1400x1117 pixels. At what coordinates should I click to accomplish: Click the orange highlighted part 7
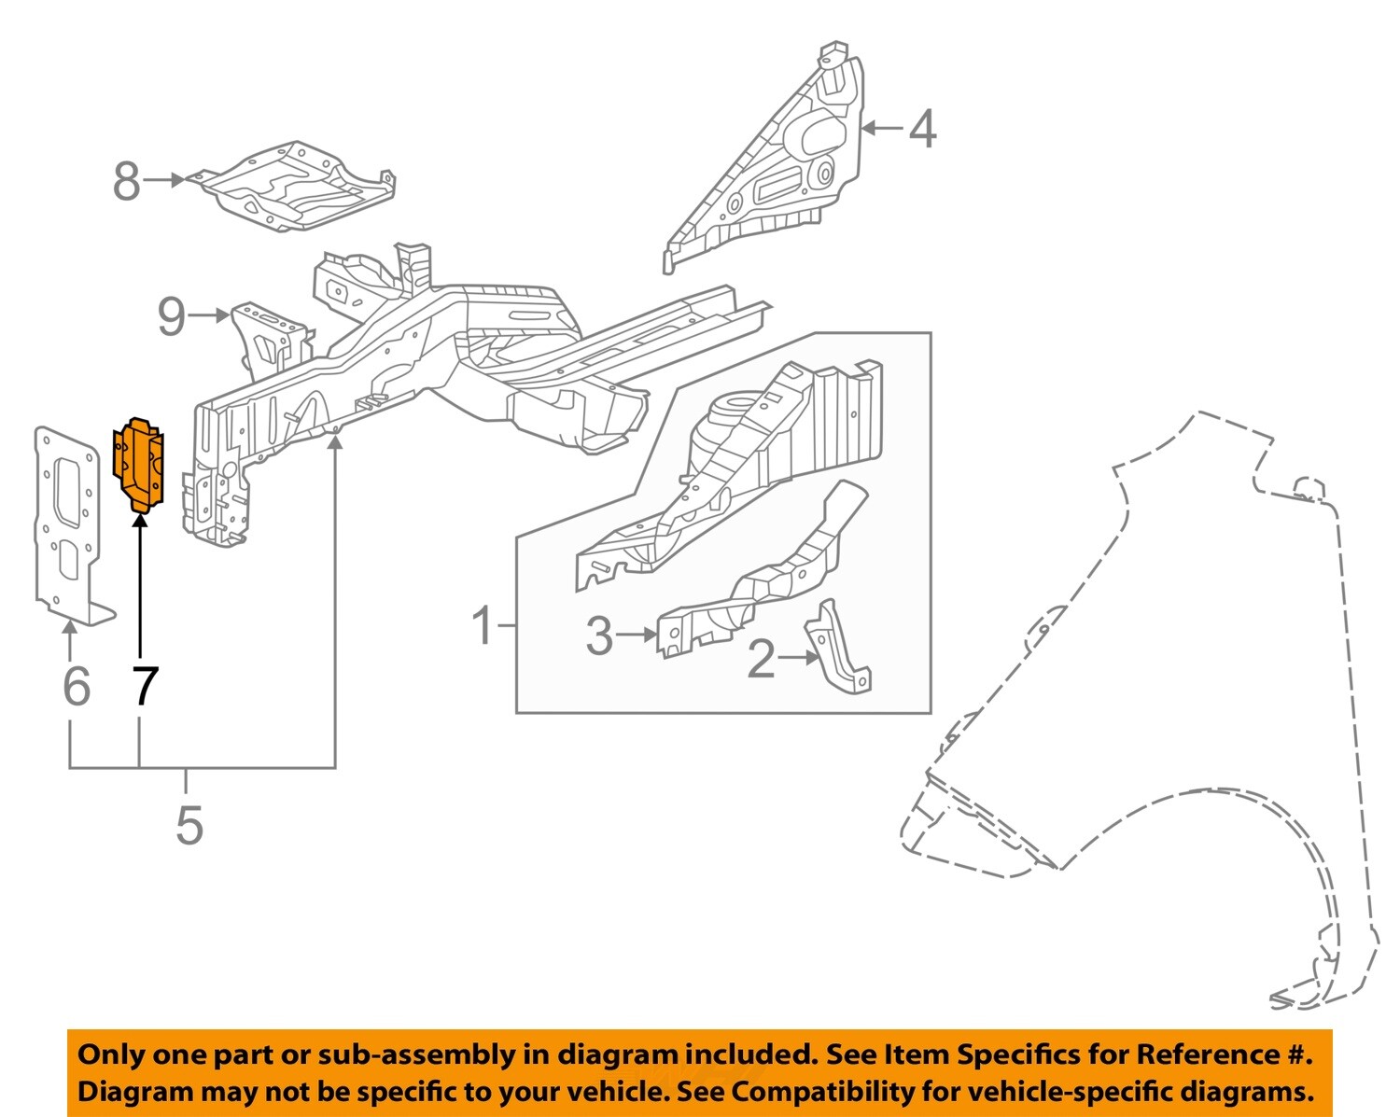point(138,464)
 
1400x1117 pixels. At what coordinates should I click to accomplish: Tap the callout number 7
point(144,687)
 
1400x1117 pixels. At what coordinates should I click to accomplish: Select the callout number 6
point(76,687)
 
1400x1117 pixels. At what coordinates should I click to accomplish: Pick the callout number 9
point(171,317)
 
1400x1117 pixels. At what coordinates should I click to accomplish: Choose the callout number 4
point(922,129)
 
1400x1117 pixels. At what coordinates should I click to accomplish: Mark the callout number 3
point(598,635)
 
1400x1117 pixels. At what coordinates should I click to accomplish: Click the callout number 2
point(761,660)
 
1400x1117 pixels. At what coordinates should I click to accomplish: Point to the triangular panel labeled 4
point(775,168)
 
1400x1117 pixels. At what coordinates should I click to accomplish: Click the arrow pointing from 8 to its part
point(166,180)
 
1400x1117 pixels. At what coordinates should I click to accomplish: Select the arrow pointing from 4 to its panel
point(882,129)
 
